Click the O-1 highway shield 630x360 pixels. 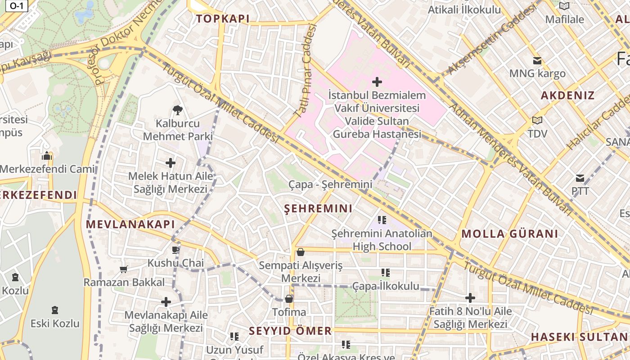click(x=16, y=5)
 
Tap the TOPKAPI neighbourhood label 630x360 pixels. click(x=222, y=19)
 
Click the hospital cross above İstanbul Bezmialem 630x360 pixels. click(x=377, y=82)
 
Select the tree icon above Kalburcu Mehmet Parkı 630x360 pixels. click(x=178, y=110)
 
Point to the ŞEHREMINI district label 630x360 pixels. click(x=319, y=209)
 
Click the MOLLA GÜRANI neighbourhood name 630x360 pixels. click(x=510, y=234)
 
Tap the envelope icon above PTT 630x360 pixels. click(x=580, y=179)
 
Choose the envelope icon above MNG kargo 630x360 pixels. click(x=537, y=61)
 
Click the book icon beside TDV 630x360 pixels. click(x=537, y=120)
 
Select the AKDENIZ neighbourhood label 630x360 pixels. click(x=567, y=95)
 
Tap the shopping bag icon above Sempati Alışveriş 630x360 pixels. click(x=300, y=252)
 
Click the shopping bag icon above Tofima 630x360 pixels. click(x=289, y=299)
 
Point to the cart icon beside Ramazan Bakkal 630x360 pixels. click(x=124, y=269)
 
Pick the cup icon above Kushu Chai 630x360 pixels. click(x=175, y=250)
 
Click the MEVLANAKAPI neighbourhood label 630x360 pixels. click(x=130, y=224)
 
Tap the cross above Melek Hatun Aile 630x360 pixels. click(x=171, y=163)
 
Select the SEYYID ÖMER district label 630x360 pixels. click(x=290, y=331)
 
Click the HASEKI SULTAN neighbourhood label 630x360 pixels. click(x=579, y=337)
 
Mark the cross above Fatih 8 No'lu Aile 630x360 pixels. click(x=470, y=298)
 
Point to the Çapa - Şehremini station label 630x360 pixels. click(x=330, y=184)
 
